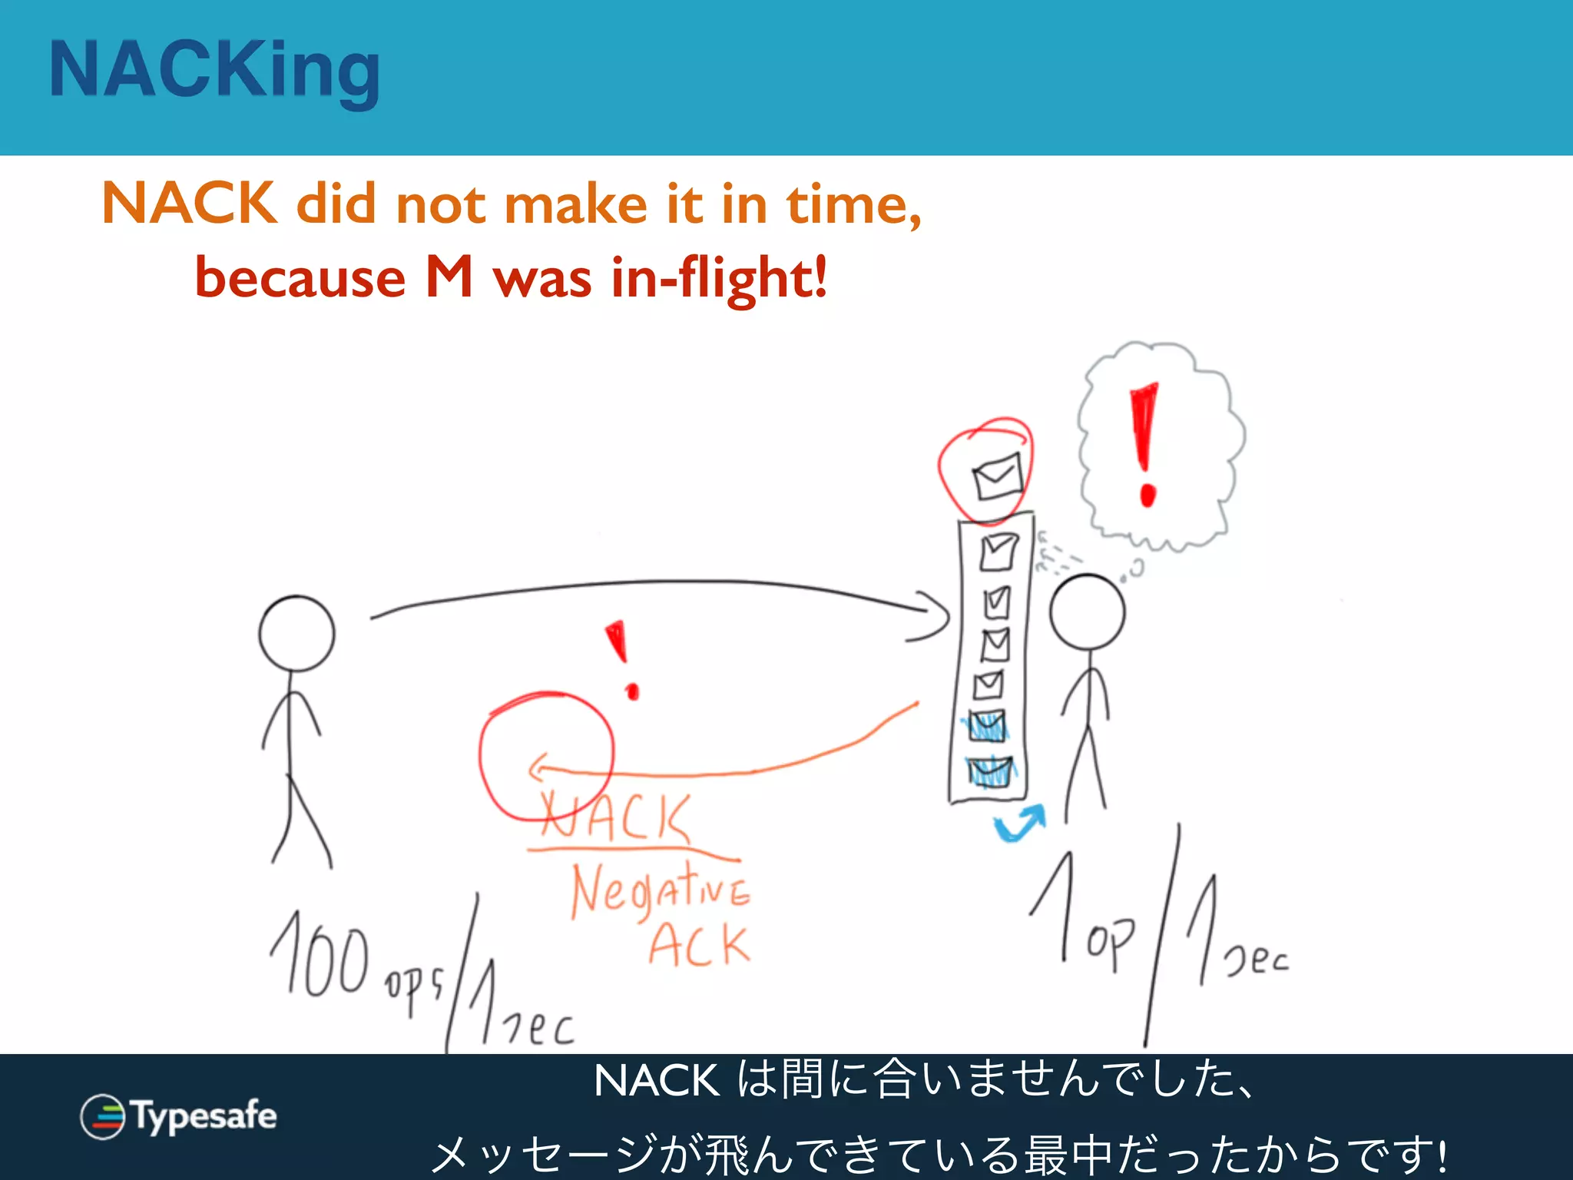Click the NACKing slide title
point(214,71)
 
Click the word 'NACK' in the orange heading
point(189,204)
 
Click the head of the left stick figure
point(296,633)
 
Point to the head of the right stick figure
point(1087,612)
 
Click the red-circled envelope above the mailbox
point(996,476)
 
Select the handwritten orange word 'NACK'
point(614,817)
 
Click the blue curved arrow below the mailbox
point(1020,824)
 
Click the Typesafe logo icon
point(102,1116)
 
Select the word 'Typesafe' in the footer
point(204,1115)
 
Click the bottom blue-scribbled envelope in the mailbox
point(989,771)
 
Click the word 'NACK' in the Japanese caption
point(657,1081)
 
